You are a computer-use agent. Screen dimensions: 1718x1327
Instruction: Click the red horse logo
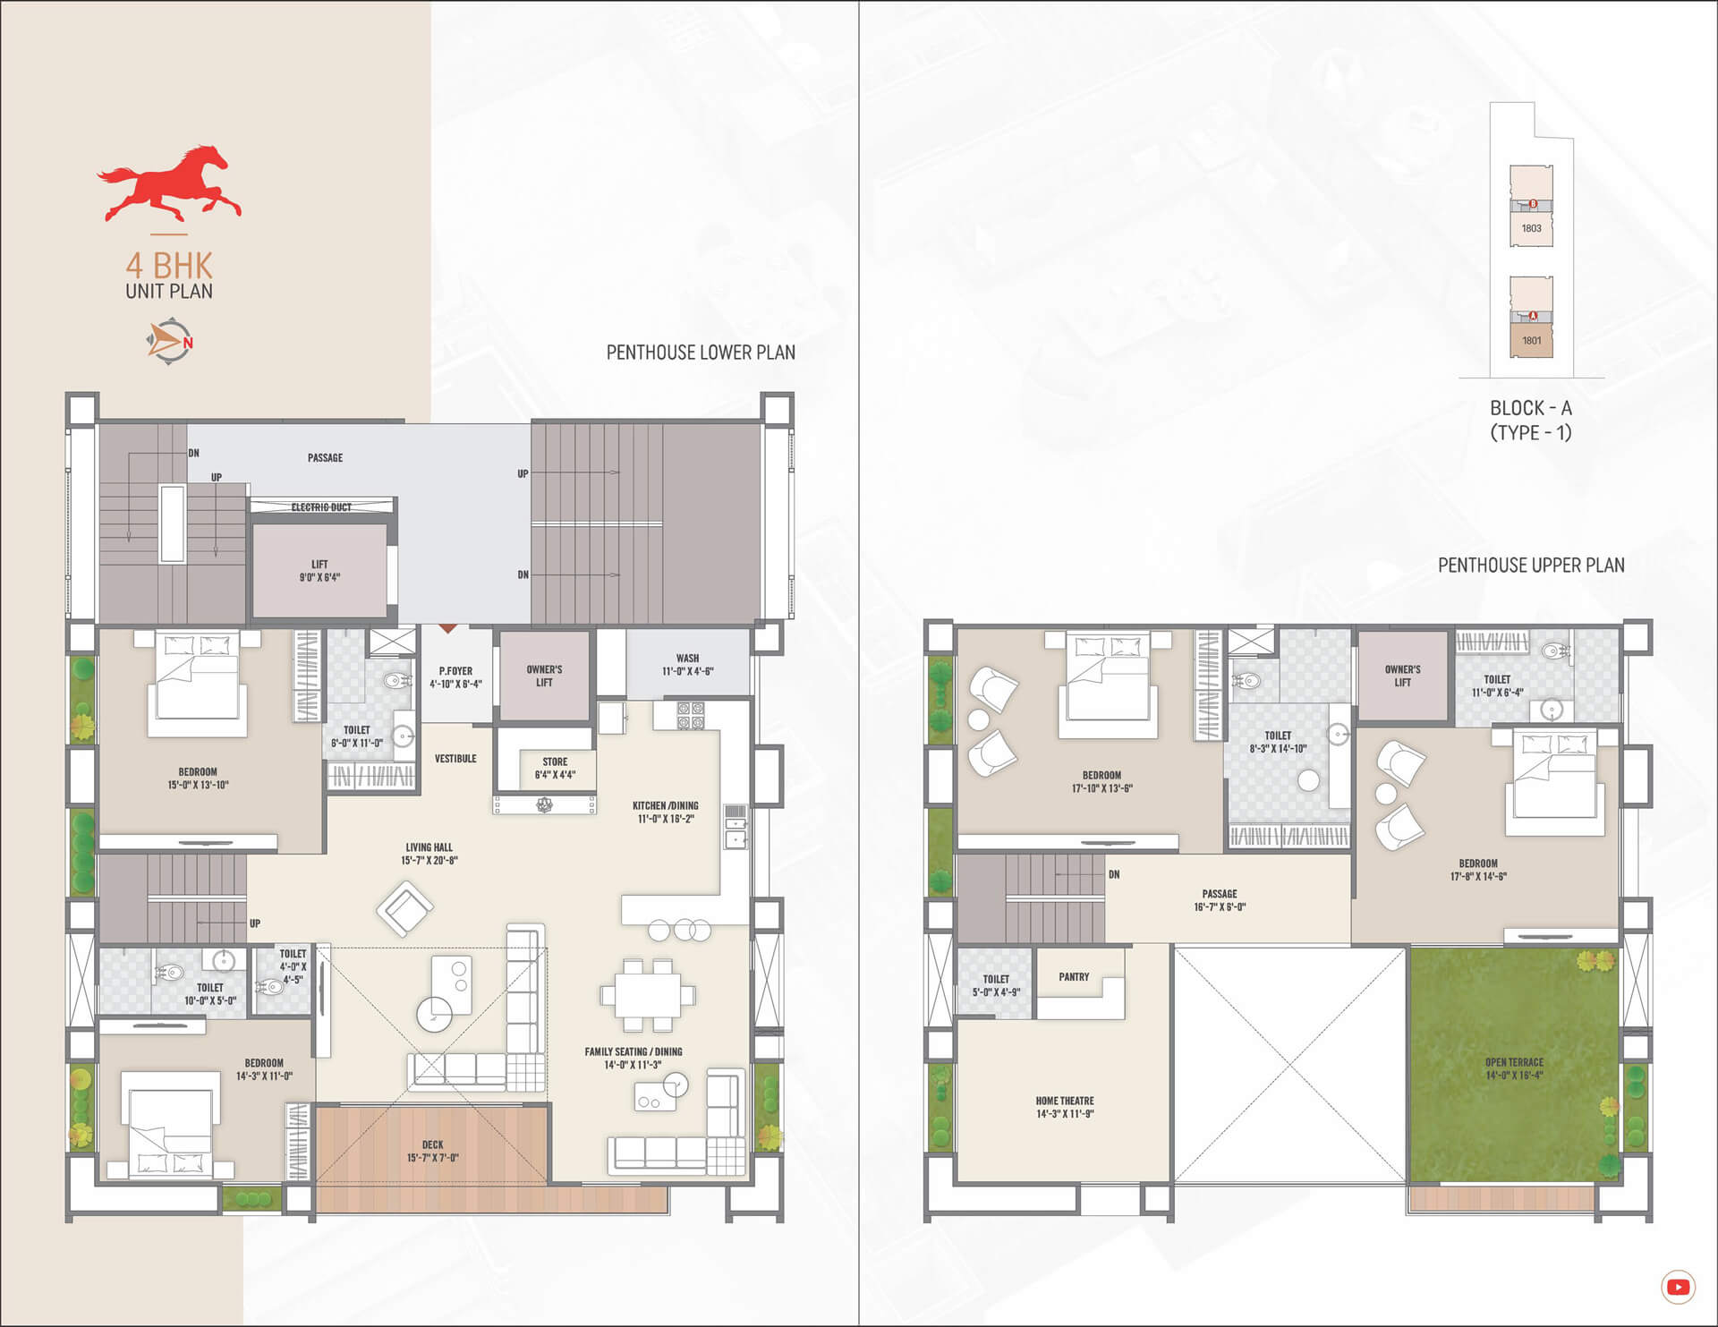click(169, 183)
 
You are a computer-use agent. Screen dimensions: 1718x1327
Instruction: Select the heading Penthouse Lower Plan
click(701, 353)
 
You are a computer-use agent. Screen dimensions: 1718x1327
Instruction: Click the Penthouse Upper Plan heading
click(1531, 566)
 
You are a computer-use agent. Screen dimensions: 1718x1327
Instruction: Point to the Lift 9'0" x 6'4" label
click(319, 571)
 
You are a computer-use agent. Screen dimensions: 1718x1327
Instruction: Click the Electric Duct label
click(321, 507)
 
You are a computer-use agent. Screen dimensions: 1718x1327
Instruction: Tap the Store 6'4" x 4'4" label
click(555, 769)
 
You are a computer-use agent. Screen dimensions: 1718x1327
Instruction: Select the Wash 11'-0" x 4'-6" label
click(687, 665)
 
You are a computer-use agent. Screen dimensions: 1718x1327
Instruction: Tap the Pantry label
click(1074, 977)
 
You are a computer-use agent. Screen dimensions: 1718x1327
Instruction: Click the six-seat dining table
click(648, 995)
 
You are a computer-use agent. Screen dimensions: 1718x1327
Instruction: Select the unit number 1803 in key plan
click(1531, 228)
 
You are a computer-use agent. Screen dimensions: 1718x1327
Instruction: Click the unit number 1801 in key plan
click(1531, 340)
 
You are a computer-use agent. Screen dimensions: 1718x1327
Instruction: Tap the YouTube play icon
click(1678, 1288)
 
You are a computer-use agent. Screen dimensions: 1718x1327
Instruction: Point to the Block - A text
click(1530, 408)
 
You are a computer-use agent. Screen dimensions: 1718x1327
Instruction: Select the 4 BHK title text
click(169, 266)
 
